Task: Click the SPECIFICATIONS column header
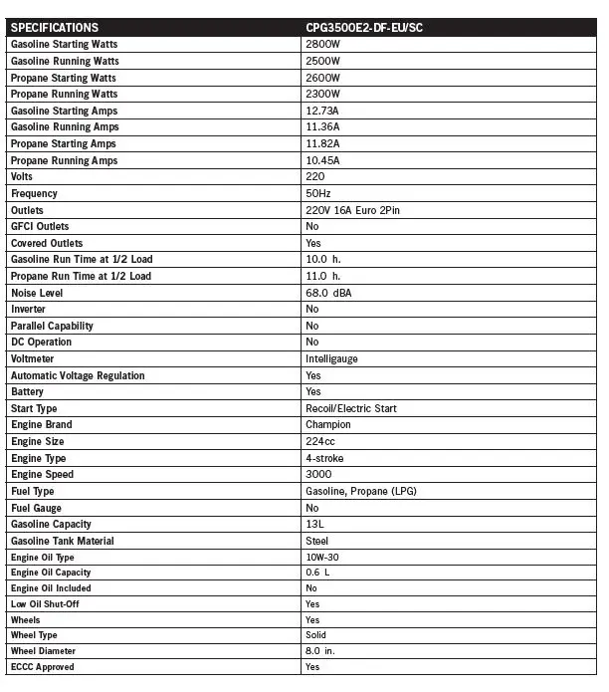(55, 27)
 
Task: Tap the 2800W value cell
(323, 45)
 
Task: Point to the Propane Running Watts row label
(64, 95)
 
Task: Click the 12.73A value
(323, 111)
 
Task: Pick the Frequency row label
(34, 193)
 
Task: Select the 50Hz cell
(319, 193)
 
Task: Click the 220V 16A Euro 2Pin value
(353, 210)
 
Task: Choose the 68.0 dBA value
(329, 293)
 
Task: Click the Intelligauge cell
(332, 358)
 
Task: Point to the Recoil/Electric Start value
(352, 408)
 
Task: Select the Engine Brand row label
(42, 424)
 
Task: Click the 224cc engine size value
(320, 441)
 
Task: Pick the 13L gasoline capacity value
(314, 524)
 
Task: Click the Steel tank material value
(317, 541)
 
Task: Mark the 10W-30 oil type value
(322, 557)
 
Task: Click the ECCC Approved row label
(42, 666)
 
